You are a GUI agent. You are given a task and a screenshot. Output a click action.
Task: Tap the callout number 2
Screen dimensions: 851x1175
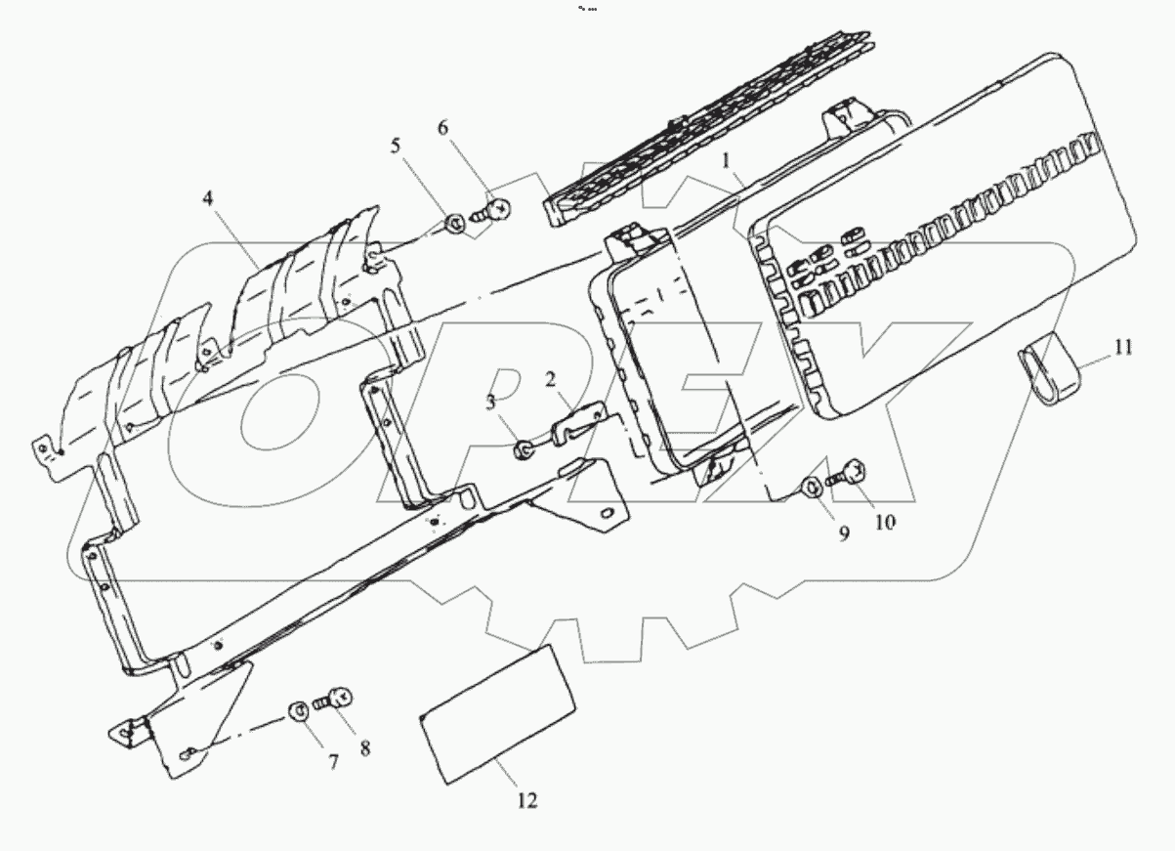(551, 377)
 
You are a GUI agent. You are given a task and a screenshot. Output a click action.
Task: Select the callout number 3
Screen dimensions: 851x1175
(491, 403)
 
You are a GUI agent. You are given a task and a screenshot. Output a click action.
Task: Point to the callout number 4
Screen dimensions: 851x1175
(208, 198)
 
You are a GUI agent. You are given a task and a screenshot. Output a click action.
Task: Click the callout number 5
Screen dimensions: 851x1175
(396, 146)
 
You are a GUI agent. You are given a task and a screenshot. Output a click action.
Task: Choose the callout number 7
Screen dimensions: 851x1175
(332, 760)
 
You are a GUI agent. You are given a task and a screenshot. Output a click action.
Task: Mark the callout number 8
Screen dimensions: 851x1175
(364, 749)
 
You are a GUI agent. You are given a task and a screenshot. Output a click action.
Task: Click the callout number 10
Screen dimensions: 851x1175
(884, 522)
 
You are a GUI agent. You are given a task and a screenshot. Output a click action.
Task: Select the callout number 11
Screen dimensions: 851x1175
(1123, 347)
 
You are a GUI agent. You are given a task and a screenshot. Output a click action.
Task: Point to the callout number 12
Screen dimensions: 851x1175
(526, 800)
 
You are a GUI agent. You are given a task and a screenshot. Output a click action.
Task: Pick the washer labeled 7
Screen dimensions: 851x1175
(299, 709)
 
